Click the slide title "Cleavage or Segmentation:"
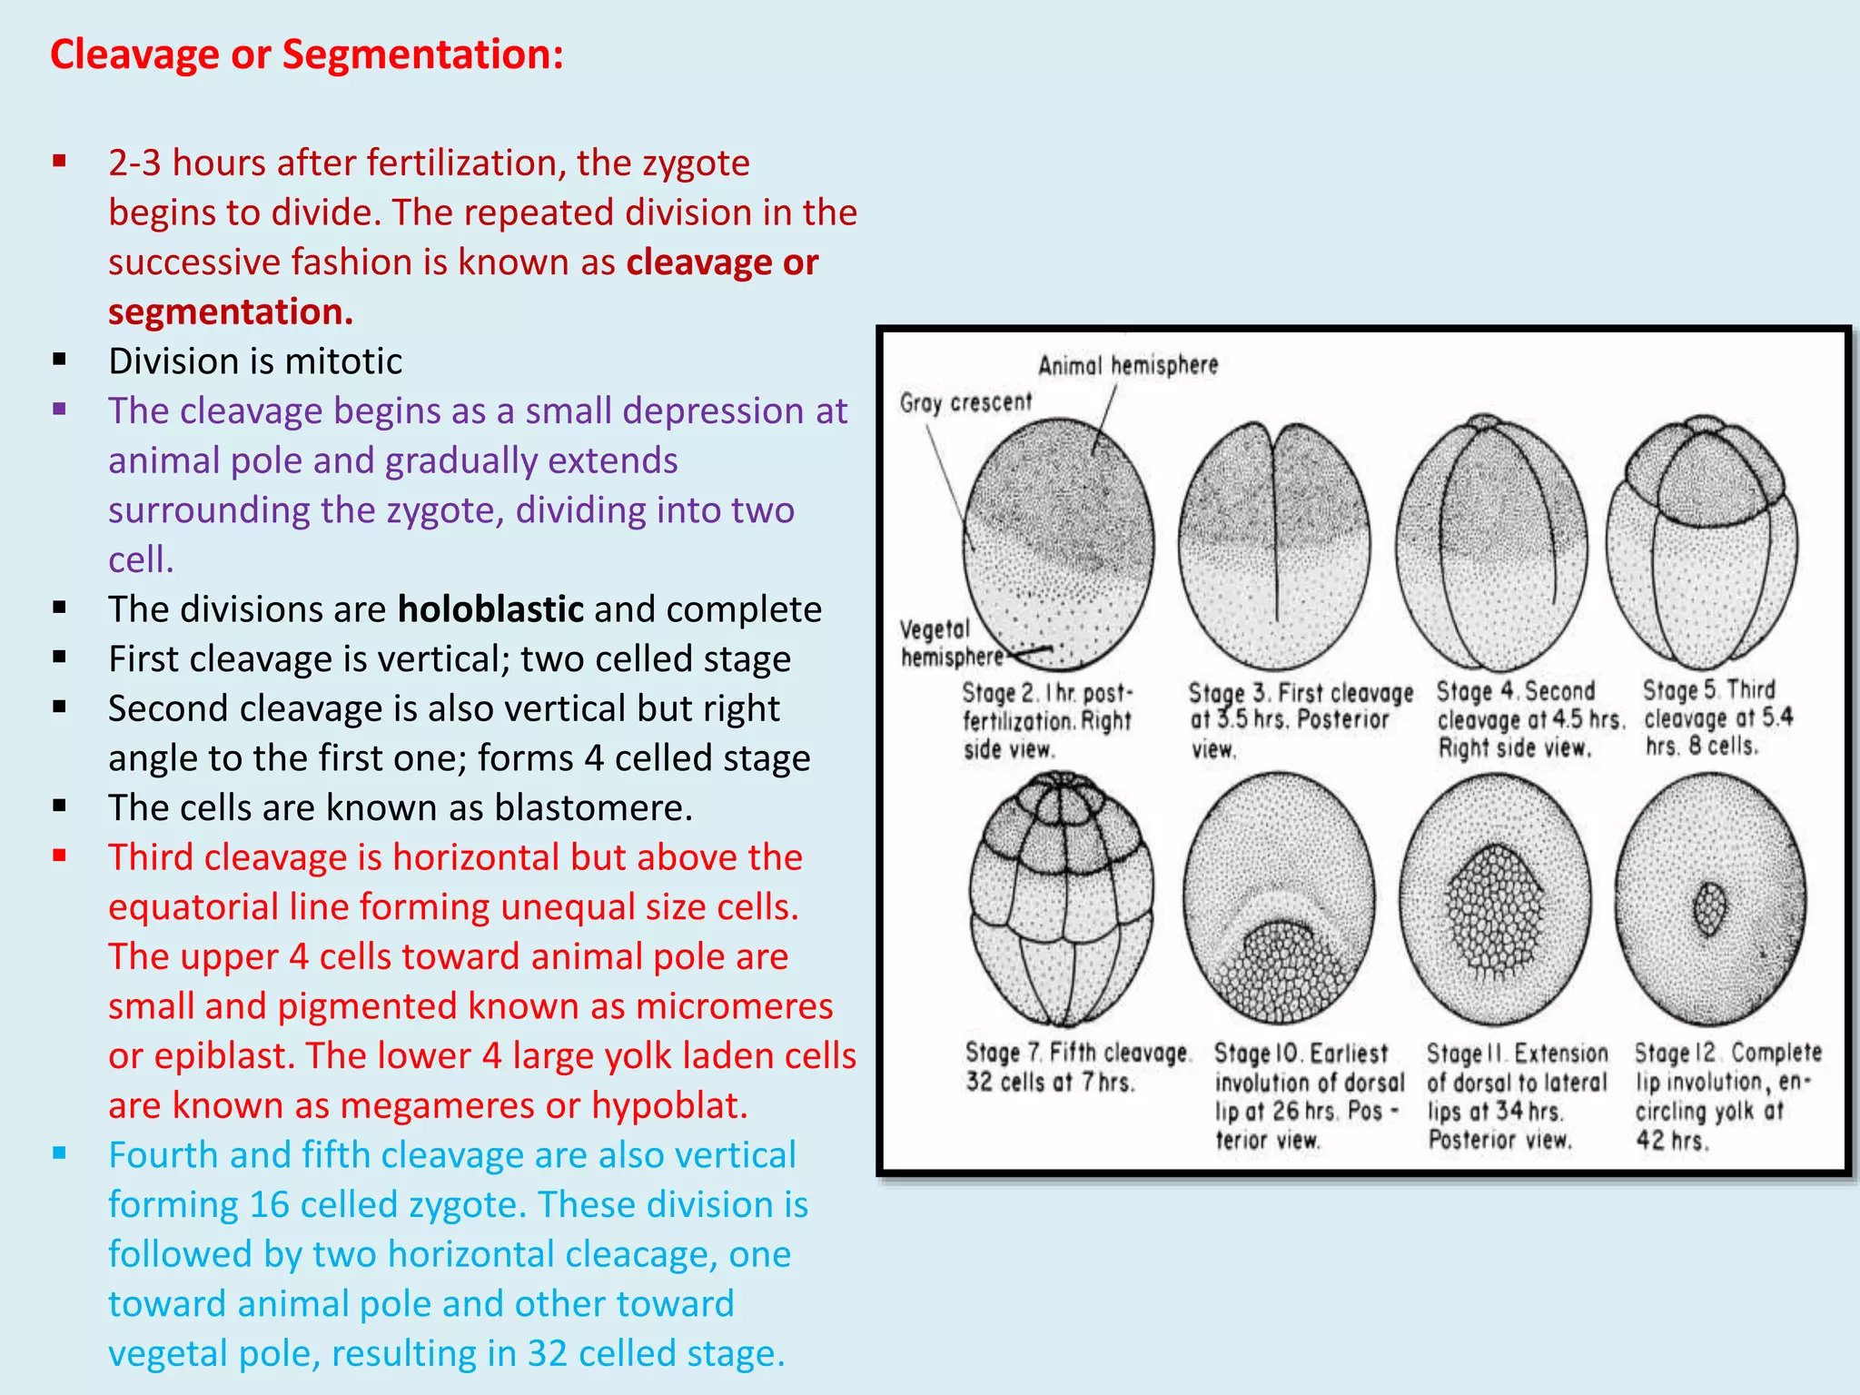(x=307, y=54)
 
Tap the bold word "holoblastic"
(x=490, y=609)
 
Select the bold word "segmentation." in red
(x=231, y=312)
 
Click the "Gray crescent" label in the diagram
(x=965, y=402)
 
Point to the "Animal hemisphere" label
(x=1128, y=365)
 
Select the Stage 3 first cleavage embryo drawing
(x=1274, y=545)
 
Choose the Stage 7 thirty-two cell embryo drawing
(x=1061, y=899)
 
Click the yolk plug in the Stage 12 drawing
(x=1709, y=909)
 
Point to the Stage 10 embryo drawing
(x=1279, y=899)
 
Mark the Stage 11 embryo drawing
(x=1495, y=899)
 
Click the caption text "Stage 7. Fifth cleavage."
(x=1077, y=1054)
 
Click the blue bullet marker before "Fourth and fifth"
(x=60, y=1154)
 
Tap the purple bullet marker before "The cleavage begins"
(x=60, y=410)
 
